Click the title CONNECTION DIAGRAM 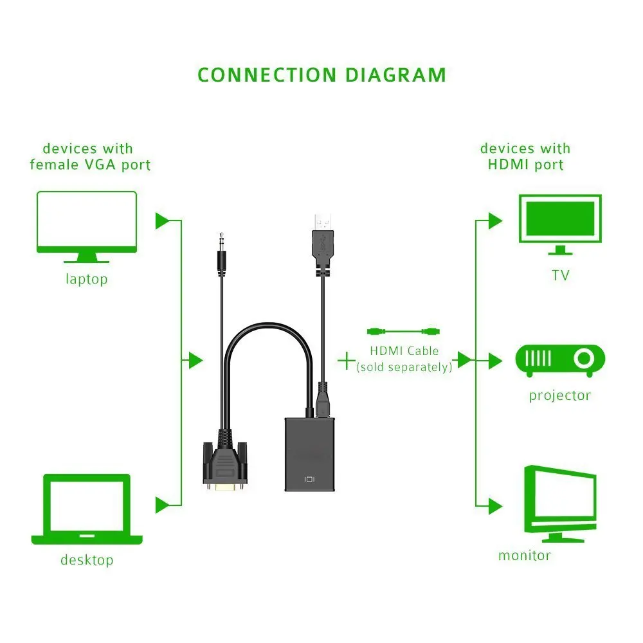(x=321, y=75)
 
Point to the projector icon (x=560, y=361)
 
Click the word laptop (x=87, y=280)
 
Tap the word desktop (x=87, y=560)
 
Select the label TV (x=560, y=276)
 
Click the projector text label (x=559, y=395)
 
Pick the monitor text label (x=524, y=556)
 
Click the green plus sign (x=347, y=360)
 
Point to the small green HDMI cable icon (x=403, y=332)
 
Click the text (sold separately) (x=404, y=367)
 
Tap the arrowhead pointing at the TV (x=494, y=221)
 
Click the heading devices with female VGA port (x=90, y=157)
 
